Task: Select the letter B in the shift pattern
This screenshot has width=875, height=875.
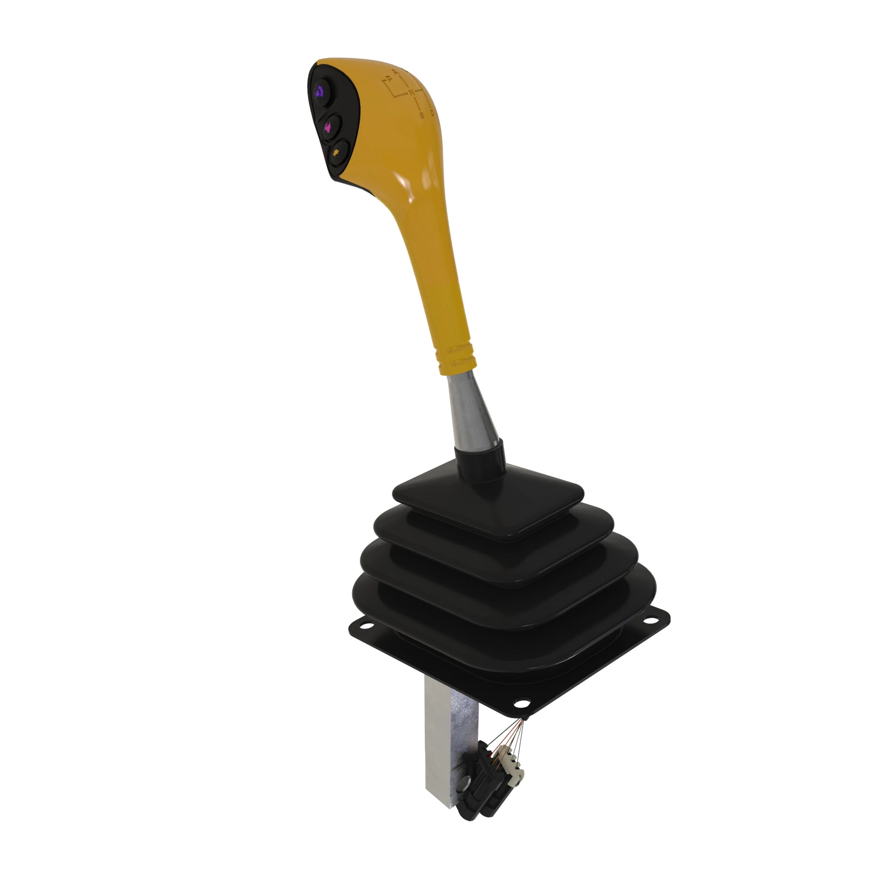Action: (x=422, y=115)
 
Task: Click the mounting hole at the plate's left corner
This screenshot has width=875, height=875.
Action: (x=365, y=627)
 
